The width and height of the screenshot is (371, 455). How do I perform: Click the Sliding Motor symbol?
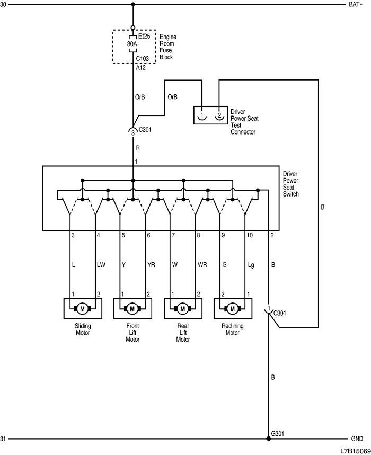82,307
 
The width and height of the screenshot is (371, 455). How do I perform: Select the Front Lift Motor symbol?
132,307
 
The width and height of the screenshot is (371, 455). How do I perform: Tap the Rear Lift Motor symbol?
183,307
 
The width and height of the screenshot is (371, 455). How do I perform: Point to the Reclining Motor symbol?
233,307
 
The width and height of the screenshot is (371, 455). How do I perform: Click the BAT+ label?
355,4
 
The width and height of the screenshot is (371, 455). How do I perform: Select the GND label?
357,439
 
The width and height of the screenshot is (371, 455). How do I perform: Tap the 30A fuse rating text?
132,44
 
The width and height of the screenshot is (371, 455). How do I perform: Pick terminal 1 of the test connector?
202,115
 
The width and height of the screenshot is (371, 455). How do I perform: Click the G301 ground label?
278,433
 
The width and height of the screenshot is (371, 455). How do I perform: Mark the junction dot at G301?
269,439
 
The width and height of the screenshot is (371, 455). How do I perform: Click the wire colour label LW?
101,264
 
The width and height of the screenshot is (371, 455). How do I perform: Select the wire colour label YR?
152,264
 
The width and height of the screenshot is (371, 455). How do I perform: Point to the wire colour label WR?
202,264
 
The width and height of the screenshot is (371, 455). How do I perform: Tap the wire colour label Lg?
251,264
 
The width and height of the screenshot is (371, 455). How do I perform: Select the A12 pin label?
141,67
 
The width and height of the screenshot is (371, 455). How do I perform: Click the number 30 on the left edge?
4,4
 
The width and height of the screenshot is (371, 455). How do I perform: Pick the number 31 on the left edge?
4,439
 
